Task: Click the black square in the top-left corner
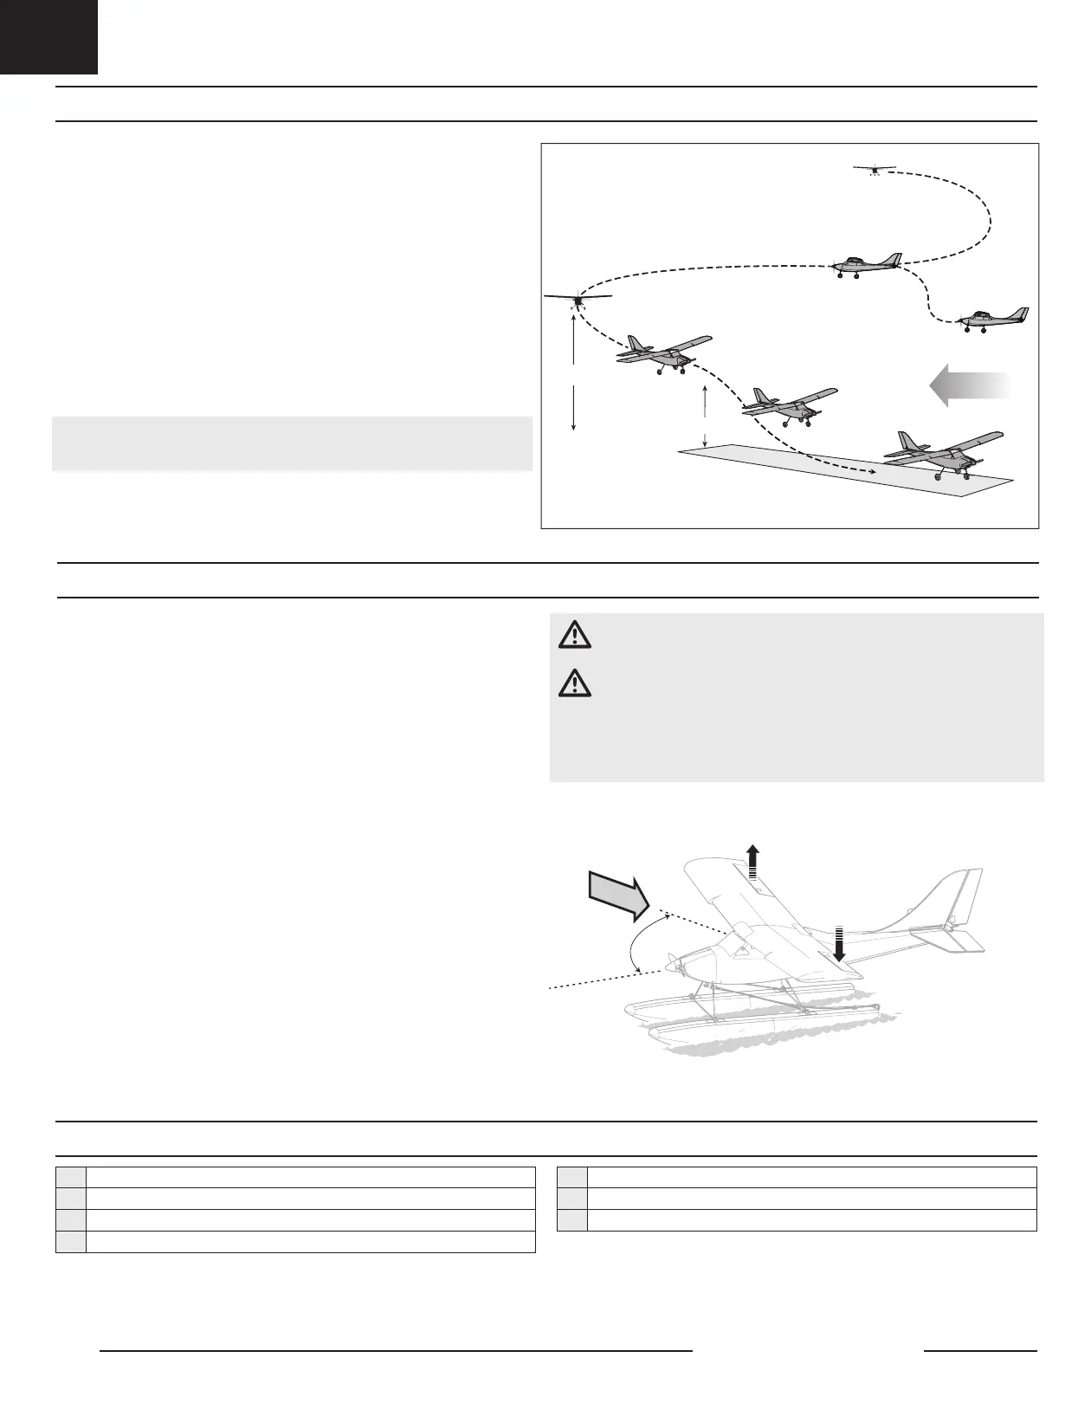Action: pos(48,36)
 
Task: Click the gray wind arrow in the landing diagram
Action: pos(969,385)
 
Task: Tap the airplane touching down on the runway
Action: pos(943,452)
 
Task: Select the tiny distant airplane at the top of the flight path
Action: pos(874,168)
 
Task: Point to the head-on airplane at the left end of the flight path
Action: pos(578,300)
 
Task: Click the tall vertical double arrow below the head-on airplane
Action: pos(574,372)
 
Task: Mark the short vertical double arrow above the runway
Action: pos(706,415)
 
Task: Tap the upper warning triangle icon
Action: pos(573,637)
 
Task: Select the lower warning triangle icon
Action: pos(573,684)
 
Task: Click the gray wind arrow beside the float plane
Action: pos(617,895)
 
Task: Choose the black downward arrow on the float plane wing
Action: pos(838,946)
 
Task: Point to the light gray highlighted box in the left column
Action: pos(292,443)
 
